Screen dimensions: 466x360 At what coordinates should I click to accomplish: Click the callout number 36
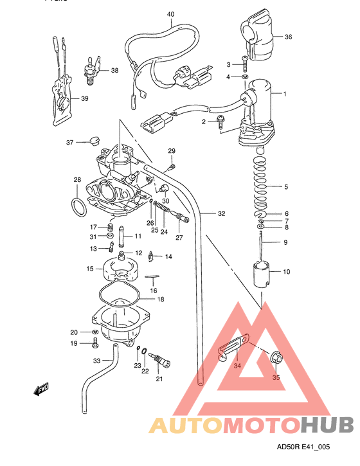pyautogui.click(x=288, y=37)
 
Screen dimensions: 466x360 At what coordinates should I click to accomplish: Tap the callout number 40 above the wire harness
pyautogui.click(x=170, y=13)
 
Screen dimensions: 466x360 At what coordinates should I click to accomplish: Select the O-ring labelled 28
pyautogui.click(x=78, y=208)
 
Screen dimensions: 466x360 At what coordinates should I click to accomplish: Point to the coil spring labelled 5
pyautogui.click(x=262, y=186)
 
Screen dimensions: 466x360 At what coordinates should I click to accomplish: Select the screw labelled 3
pyautogui.click(x=245, y=64)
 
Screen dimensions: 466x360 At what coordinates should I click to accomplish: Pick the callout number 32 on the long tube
pyautogui.click(x=222, y=213)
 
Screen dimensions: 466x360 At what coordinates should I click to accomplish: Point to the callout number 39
pyautogui.click(x=84, y=98)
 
